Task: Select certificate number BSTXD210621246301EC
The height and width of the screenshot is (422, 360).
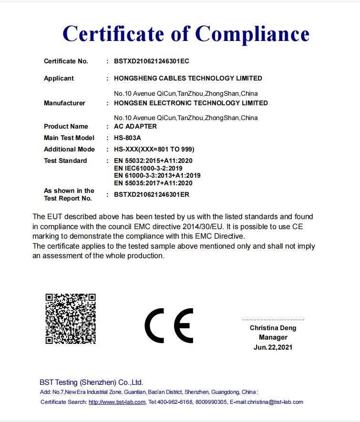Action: point(152,61)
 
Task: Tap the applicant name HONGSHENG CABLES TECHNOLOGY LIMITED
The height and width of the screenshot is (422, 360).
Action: point(188,78)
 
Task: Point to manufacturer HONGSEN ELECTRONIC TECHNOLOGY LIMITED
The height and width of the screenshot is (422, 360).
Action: point(191,103)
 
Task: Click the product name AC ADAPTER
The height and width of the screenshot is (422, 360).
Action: point(135,126)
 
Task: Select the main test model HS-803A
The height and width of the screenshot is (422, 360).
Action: point(128,138)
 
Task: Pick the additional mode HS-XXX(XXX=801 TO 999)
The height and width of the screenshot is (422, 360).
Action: point(154,149)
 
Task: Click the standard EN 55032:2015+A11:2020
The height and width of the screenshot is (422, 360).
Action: point(153,161)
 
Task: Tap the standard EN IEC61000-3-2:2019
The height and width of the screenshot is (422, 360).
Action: point(148,168)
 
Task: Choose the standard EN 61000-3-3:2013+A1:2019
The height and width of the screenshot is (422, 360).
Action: point(157,175)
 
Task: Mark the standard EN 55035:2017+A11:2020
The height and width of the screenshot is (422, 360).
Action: point(153,182)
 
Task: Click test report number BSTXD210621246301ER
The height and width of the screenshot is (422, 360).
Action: point(152,194)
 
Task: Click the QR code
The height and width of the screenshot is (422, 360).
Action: point(71,319)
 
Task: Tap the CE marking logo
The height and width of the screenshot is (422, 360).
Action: point(169,325)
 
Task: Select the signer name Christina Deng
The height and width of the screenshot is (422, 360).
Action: point(273,328)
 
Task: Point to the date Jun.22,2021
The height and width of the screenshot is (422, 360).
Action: point(273,347)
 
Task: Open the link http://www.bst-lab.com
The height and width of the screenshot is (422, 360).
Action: point(117,402)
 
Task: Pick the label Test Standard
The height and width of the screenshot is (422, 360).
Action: point(65,161)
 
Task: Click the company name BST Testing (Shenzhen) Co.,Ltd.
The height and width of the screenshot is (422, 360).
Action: point(91,382)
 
